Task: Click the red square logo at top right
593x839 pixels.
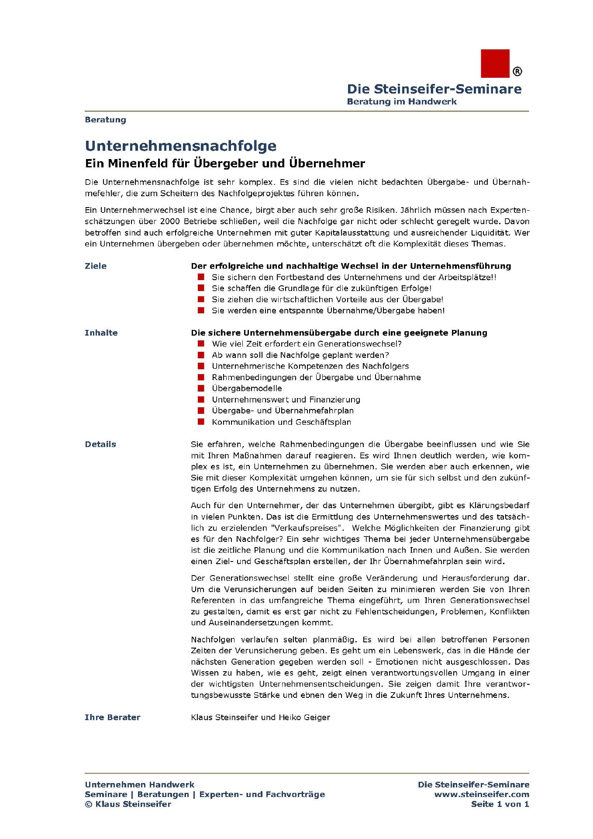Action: click(495, 63)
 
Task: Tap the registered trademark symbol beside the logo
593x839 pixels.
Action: click(517, 71)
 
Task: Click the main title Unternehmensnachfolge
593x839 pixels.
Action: click(181, 146)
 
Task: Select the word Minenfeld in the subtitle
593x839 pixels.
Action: click(135, 163)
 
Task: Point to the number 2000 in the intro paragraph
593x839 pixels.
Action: click(170, 221)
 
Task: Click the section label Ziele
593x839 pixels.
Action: click(96, 266)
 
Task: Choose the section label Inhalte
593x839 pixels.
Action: click(101, 333)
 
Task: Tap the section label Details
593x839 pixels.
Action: click(100, 444)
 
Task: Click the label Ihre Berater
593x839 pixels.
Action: click(112, 717)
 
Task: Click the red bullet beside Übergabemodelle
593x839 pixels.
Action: click(201, 388)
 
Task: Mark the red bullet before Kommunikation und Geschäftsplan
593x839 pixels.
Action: click(201, 422)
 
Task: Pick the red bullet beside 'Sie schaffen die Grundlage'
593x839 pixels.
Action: click(201, 288)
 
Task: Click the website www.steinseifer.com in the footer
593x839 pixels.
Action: click(482, 794)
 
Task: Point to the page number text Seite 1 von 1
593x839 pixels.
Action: click(500, 804)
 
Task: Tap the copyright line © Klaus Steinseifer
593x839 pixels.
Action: click(128, 804)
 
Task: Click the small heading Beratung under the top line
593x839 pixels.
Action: click(105, 120)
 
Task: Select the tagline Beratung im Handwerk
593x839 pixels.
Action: click(401, 101)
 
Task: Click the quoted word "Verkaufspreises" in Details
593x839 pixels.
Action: click(307, 528)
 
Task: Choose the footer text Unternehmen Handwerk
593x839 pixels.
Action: click(139, 784)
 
